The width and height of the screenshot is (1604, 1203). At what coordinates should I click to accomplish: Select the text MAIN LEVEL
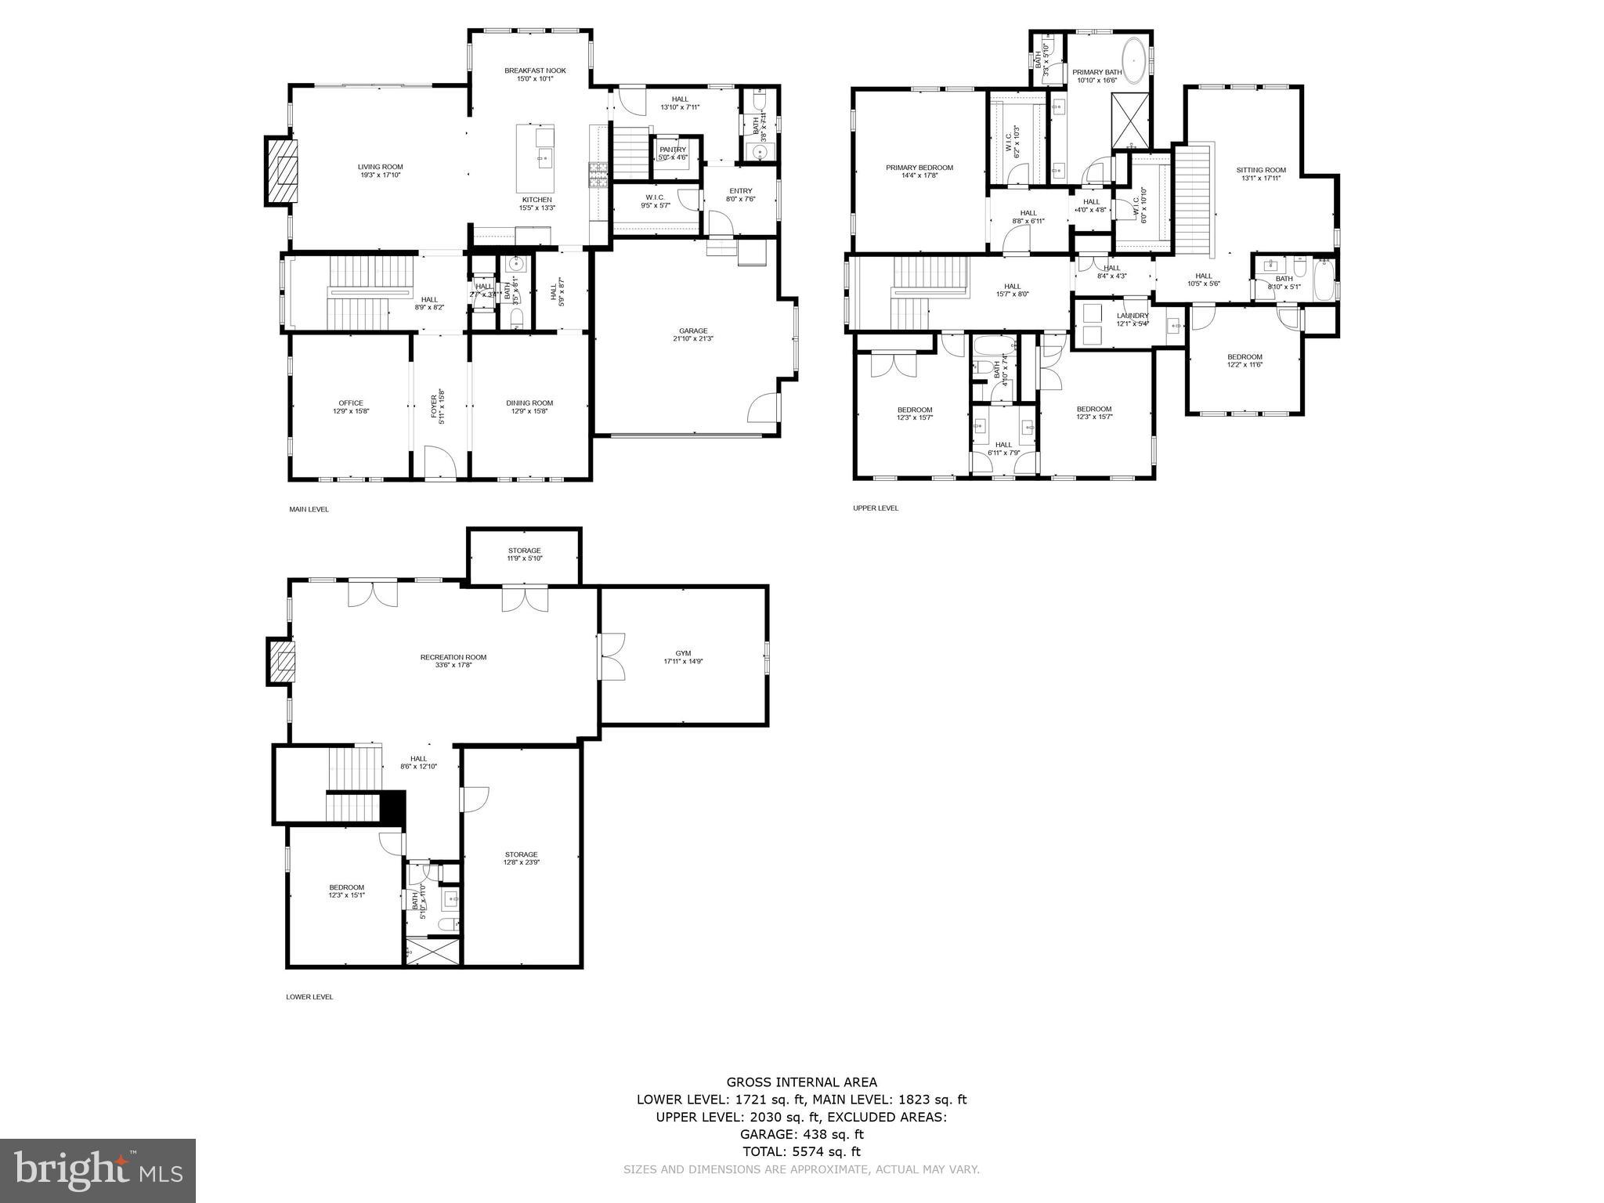pyautogui.click(x=309, y=509)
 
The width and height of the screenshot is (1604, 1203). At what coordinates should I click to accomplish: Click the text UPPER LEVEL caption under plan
pyautogui.click(x=876, y=508)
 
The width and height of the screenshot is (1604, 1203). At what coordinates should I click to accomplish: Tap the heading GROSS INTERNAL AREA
pyautogui.click(x=801, y=1082)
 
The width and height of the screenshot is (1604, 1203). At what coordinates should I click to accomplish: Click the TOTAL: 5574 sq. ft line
pyautogui.click(x=801, y=1151)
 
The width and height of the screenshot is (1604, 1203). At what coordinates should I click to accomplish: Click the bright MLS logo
pyautogui.click(x=98, y=1171)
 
